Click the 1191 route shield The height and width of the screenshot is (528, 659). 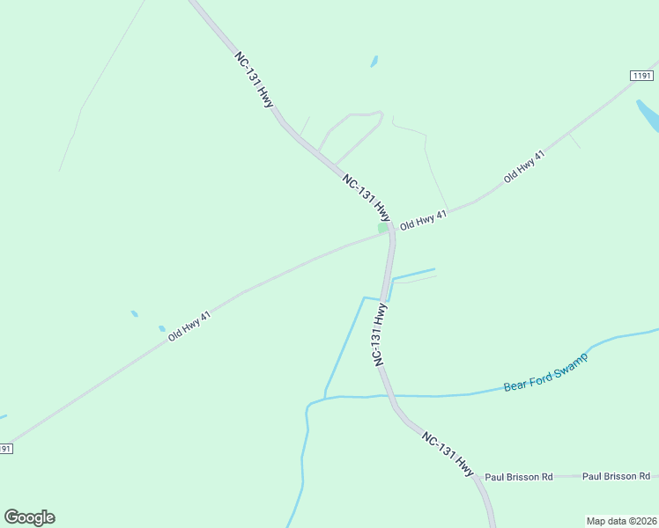641,77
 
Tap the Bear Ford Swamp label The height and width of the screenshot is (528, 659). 545,372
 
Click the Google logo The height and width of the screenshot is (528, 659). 29,517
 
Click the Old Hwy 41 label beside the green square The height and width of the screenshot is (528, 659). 424,220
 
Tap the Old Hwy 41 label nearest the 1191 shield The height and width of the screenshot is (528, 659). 524,166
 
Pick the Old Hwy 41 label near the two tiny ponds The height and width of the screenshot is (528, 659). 189,326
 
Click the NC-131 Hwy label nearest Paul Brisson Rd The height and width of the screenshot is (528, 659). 448,454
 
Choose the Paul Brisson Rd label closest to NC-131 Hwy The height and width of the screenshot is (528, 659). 518,477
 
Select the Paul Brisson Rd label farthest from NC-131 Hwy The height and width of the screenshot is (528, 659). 616,476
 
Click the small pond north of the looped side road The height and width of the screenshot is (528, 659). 374,62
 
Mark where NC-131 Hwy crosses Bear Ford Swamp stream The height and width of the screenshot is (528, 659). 387,396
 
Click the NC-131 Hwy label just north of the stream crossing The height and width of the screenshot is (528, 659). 380,334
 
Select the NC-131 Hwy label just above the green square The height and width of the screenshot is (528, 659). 366,196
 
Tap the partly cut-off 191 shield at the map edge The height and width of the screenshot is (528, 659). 5,449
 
